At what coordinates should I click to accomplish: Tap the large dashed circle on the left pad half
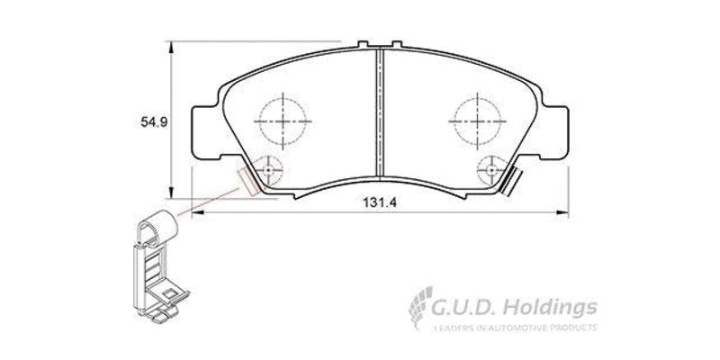(x=282, y=118)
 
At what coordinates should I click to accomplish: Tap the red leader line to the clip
(x=207, y=199)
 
